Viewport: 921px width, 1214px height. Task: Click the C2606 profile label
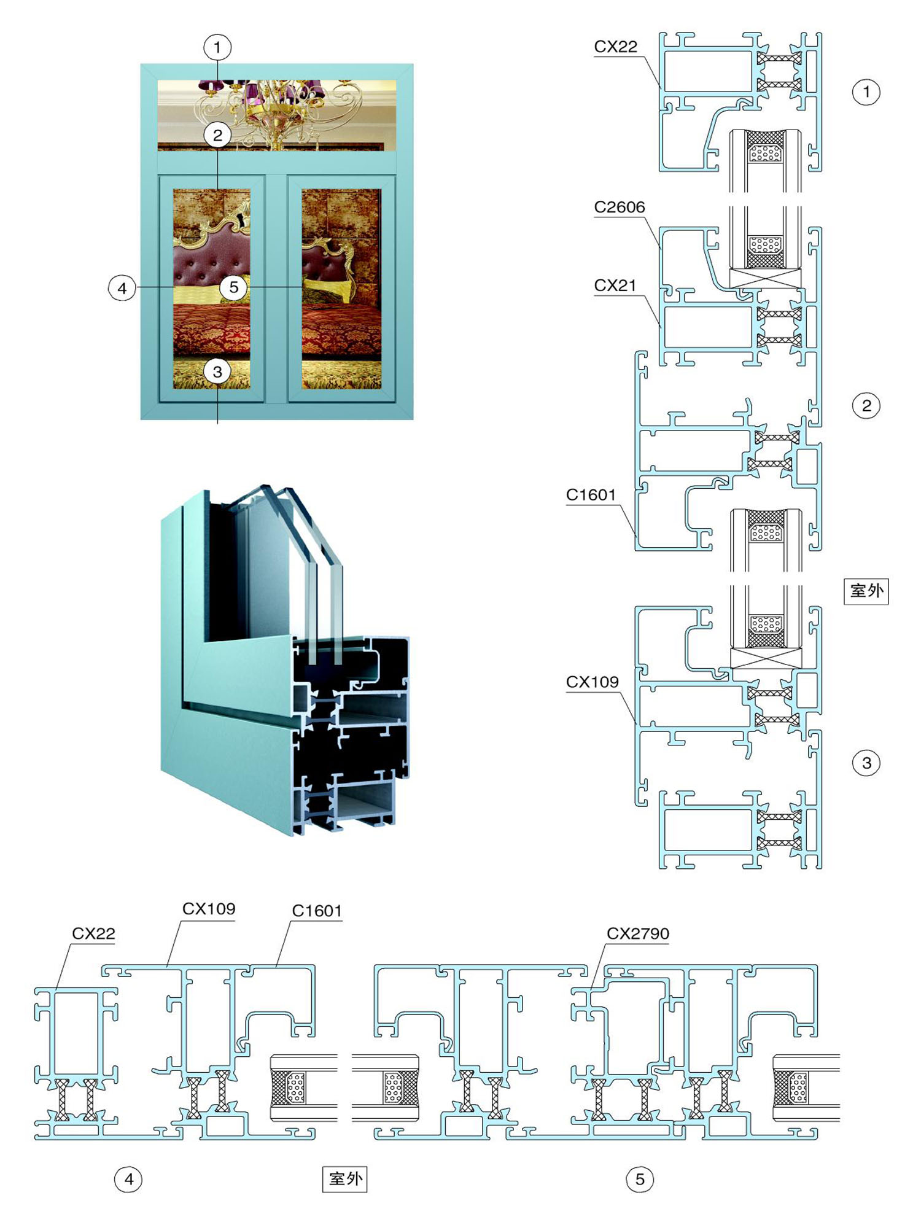coord(620,208)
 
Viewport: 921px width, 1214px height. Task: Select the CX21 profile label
coord(615,286)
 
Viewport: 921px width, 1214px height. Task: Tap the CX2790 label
coord(638,933)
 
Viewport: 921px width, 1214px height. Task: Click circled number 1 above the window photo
coord(217,47)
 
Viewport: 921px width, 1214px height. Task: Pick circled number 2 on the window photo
coord(217,135)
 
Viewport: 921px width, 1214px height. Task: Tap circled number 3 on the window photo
coord(217,372)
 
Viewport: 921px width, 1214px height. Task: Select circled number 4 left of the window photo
coord(122,288)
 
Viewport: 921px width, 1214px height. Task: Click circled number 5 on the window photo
coord(234,287)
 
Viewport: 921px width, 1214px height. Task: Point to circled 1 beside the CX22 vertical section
coord(866,92)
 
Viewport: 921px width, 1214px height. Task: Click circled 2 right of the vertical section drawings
coord(866,405)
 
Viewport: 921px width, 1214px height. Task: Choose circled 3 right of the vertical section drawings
coord(866,763)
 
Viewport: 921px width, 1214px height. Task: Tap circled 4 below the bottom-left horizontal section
coord(128,1179)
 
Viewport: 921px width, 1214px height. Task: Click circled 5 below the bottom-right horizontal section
coord(640,1179)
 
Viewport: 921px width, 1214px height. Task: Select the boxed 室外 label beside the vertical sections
coord(866,591)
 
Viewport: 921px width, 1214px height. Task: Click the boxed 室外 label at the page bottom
coord(345,1179)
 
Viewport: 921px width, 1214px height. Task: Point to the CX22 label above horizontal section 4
coord(94,933)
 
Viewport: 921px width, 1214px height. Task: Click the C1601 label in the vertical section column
coord(591,495)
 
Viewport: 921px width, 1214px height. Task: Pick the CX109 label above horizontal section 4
coord(209,909)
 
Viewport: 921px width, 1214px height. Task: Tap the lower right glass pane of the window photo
coord(341,289)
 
